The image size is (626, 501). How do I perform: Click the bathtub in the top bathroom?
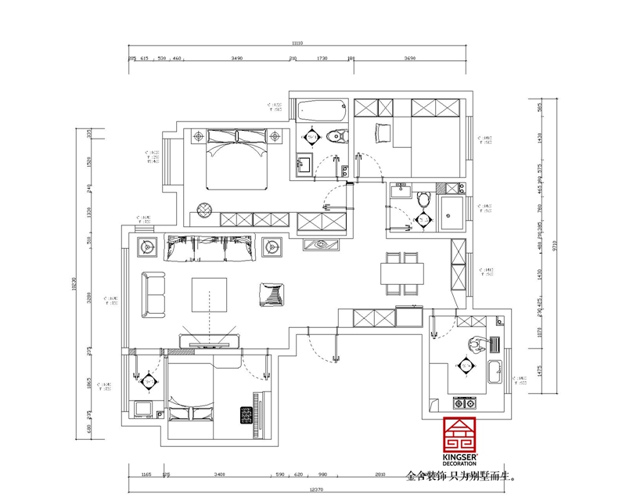coord(320,110)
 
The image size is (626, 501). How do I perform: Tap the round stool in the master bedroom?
coord(205,210)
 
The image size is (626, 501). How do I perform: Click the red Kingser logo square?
coord(466,434)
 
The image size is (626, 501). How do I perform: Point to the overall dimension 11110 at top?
coord(297,44)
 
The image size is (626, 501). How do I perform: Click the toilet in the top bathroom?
coord(337,135)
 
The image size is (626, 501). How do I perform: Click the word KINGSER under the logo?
coord(466,456)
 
